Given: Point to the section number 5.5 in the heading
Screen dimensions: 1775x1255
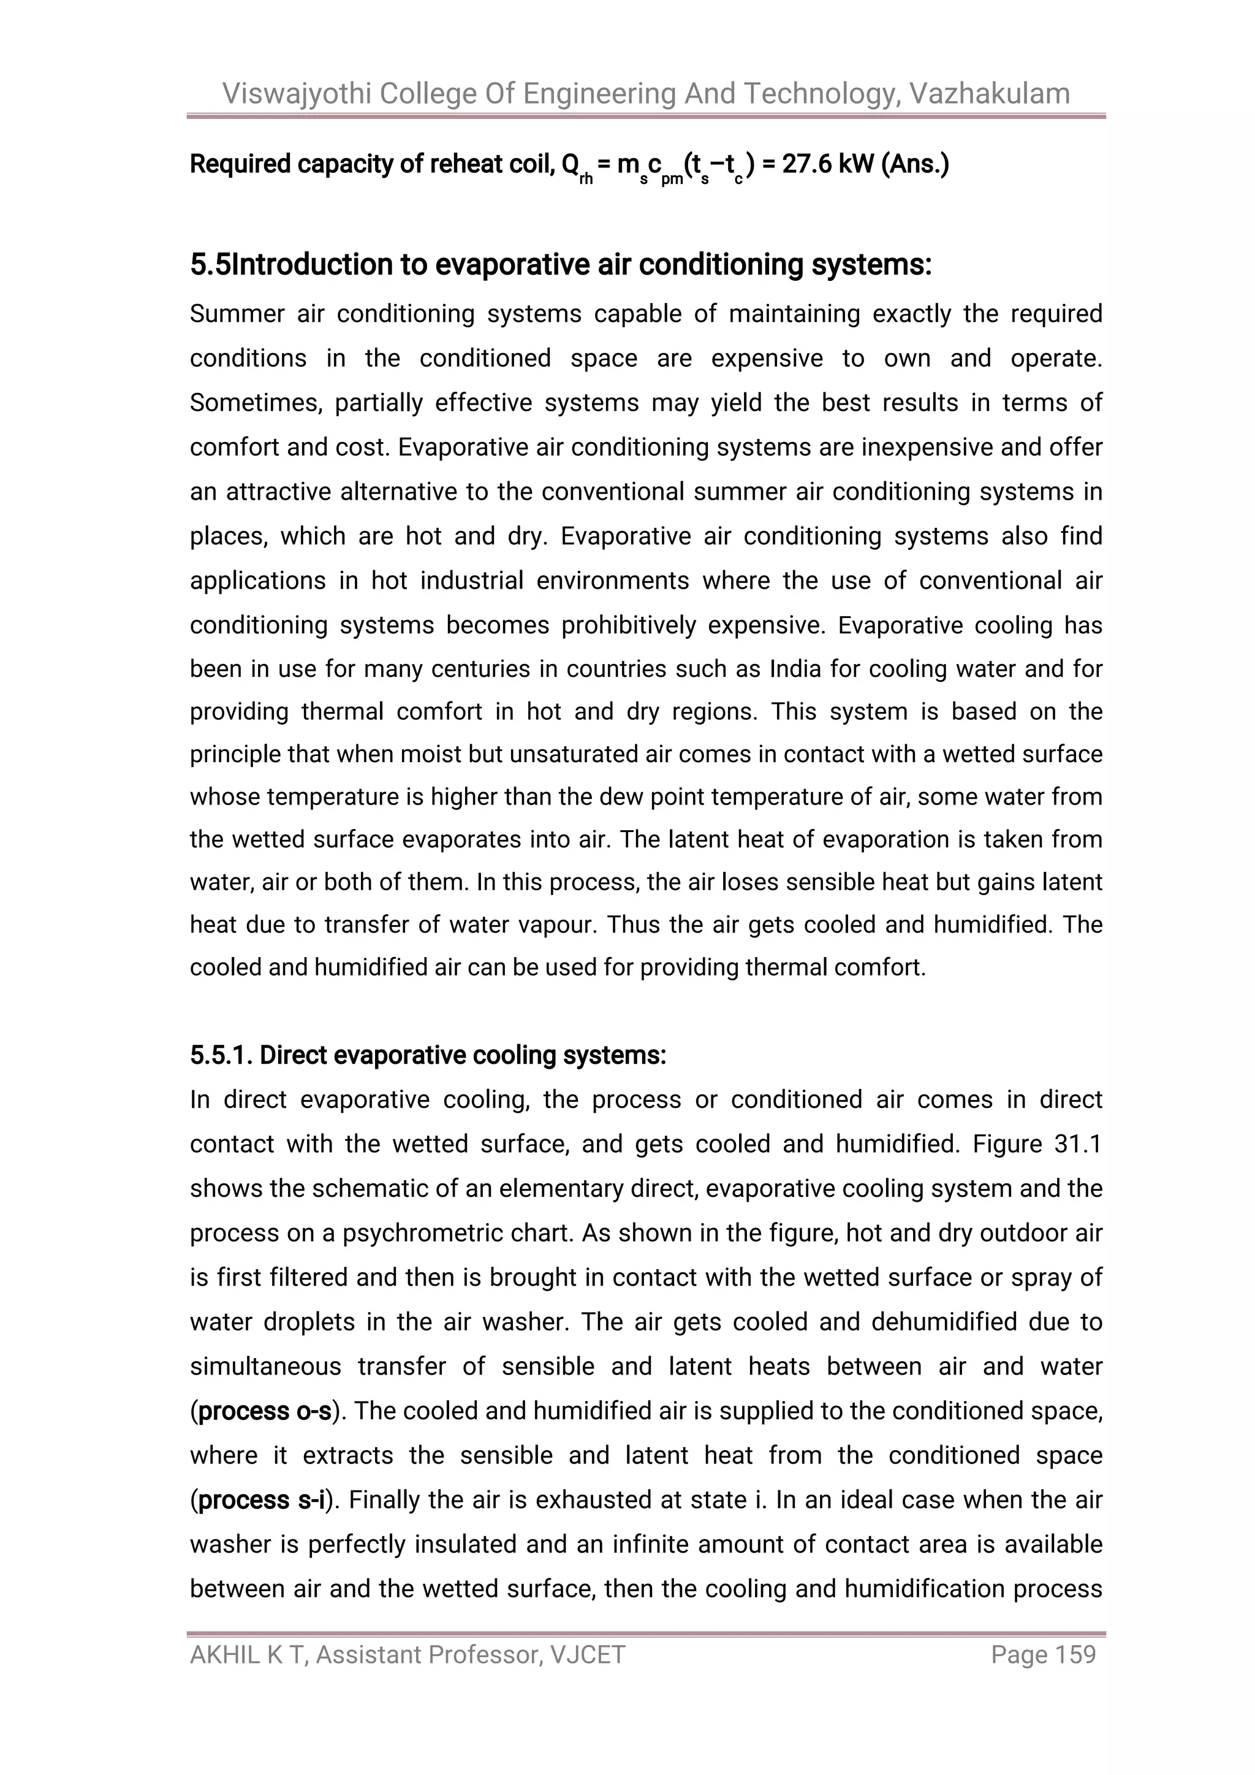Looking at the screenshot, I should (x=210, y=265).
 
